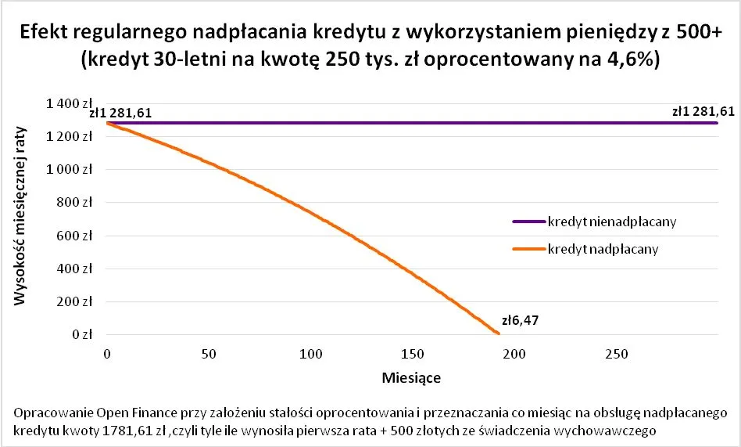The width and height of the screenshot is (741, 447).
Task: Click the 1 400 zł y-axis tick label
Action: pyautogui.click(x=72, y=103)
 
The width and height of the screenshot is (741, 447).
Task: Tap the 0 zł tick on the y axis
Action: pyautogui.click(x=84, y=335)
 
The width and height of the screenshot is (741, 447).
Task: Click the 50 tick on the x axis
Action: pyautogui.click(x=209, y=354)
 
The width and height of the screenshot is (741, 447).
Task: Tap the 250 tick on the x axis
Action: pyautogui.click(x=616, y=354)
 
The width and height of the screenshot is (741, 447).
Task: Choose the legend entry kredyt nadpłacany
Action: pyautogui.click(x=603, y=249)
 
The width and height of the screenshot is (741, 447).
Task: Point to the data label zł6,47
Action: pyautogui.click(x=517, y=320)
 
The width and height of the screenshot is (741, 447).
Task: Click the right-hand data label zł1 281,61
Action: pyautogui.click(x=703, y=111)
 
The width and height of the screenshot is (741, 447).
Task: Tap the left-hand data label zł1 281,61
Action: pyautogui.click(x=121, y=113)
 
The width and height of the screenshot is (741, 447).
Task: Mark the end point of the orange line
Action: pyautogui.click(x=498, y=333)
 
